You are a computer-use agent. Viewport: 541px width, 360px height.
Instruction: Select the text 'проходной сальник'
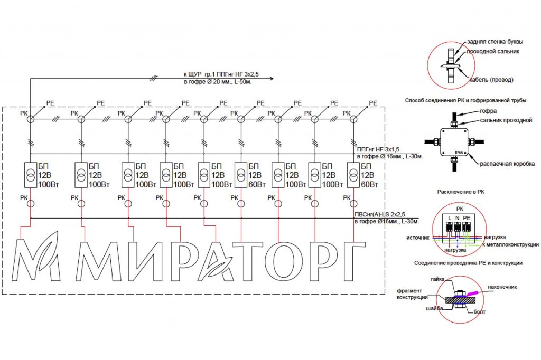point(493,52)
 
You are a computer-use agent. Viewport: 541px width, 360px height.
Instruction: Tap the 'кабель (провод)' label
point(492,80)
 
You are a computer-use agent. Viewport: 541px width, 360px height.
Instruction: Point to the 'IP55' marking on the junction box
point(459,153)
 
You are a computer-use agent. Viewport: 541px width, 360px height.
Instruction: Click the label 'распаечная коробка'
point(507,164)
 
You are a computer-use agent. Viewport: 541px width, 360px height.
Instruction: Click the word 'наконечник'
point(501,287)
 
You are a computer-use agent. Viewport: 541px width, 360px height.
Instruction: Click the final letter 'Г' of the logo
point(352,261)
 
